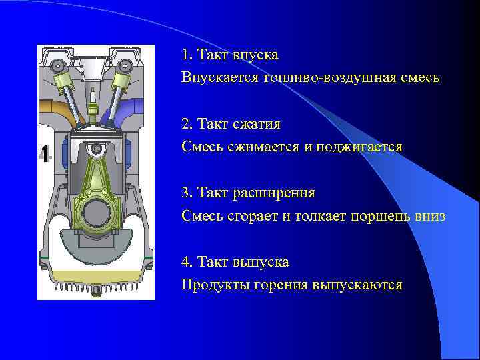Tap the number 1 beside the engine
coord(45,153)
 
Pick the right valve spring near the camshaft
coord(123,83)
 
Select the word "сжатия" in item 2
coord(257,124)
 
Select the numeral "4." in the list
coord(187,263)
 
